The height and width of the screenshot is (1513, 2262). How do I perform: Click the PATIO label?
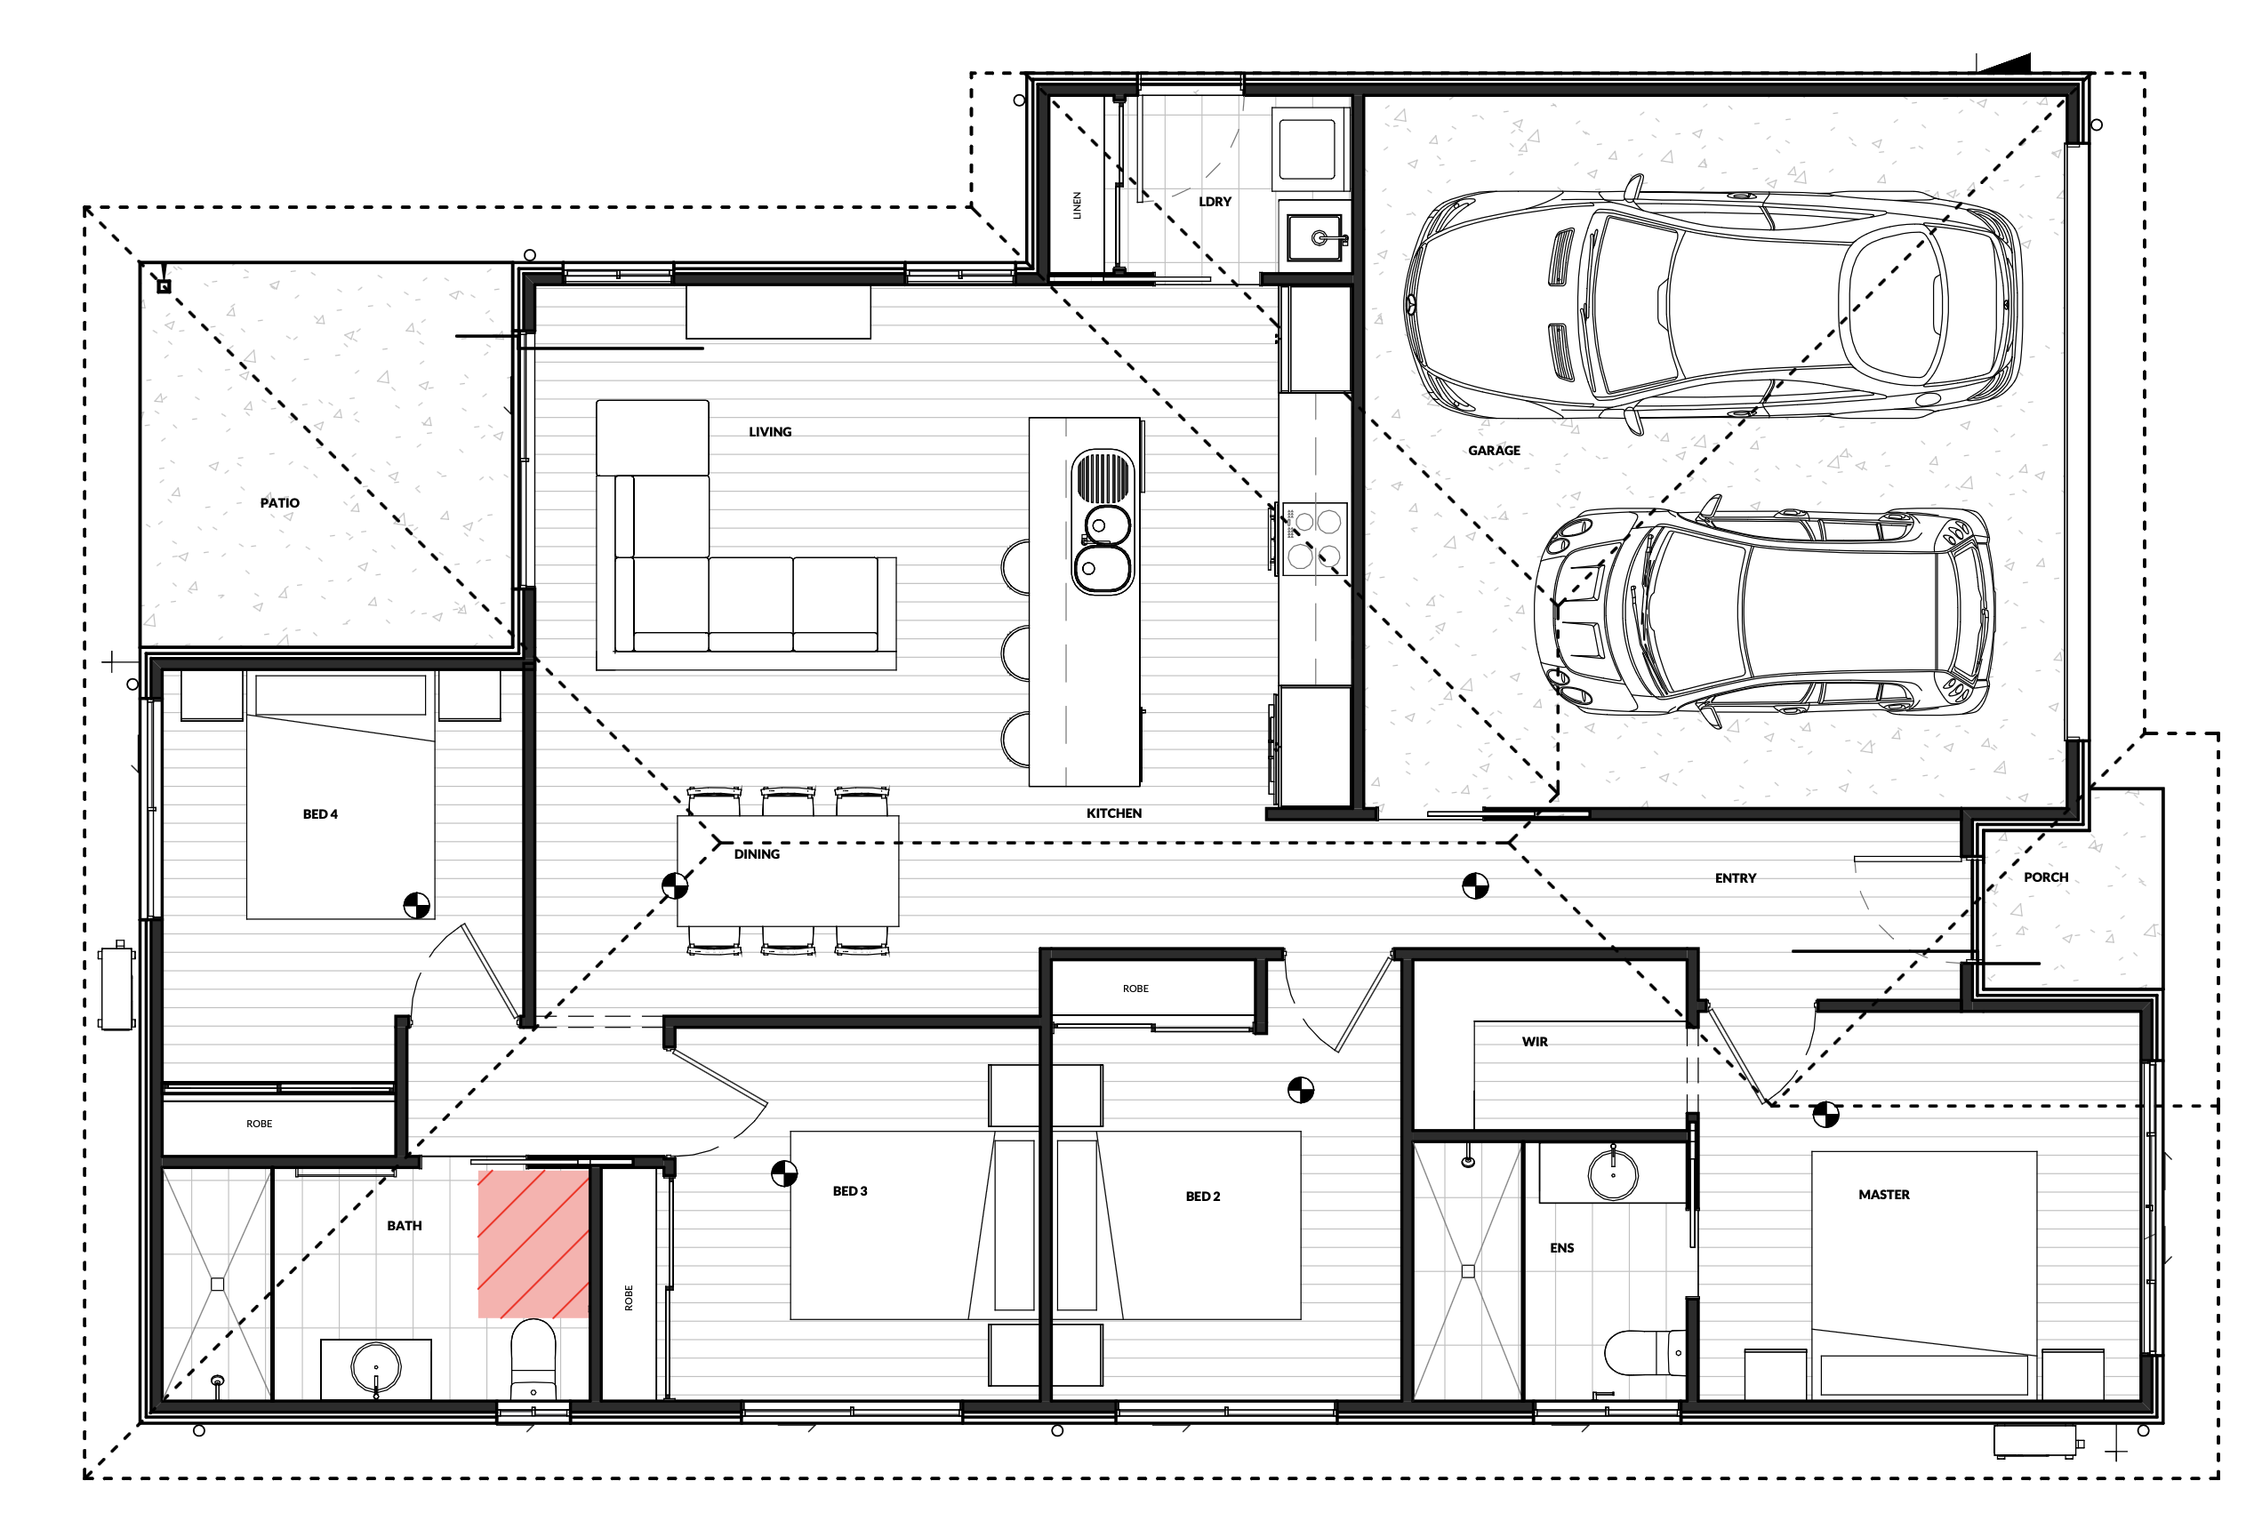tap(280, 503)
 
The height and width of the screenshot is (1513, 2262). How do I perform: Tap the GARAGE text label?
tap(1494, 451)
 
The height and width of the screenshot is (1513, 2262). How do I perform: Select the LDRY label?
tap(1215, 202)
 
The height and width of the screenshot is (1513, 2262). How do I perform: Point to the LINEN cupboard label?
tap(1077, 205)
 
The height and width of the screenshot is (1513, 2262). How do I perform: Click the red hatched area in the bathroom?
tap(533, 1244)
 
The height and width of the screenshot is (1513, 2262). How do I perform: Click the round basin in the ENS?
tap(1613, 1175)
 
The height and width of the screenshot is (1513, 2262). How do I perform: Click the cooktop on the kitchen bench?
tap(1314, 539)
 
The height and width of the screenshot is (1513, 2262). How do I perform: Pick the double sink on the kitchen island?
tap(1102, 522)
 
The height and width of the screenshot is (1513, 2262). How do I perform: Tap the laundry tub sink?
tap(1314, 237)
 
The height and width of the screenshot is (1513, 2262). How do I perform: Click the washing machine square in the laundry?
tap(1308, 149)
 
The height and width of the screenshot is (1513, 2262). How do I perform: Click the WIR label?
tap(1535, 1042)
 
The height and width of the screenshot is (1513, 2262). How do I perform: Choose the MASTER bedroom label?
tap(1884, 1195)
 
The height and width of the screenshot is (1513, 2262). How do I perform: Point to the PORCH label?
tap(2046, 877)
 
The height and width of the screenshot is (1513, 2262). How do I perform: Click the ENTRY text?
tap(1735, 878)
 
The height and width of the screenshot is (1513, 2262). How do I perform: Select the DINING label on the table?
tap(757, 854)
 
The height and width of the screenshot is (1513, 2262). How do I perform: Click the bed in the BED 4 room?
tap(341, 797)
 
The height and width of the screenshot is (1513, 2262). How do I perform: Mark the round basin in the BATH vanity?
tap(375, 1367)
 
